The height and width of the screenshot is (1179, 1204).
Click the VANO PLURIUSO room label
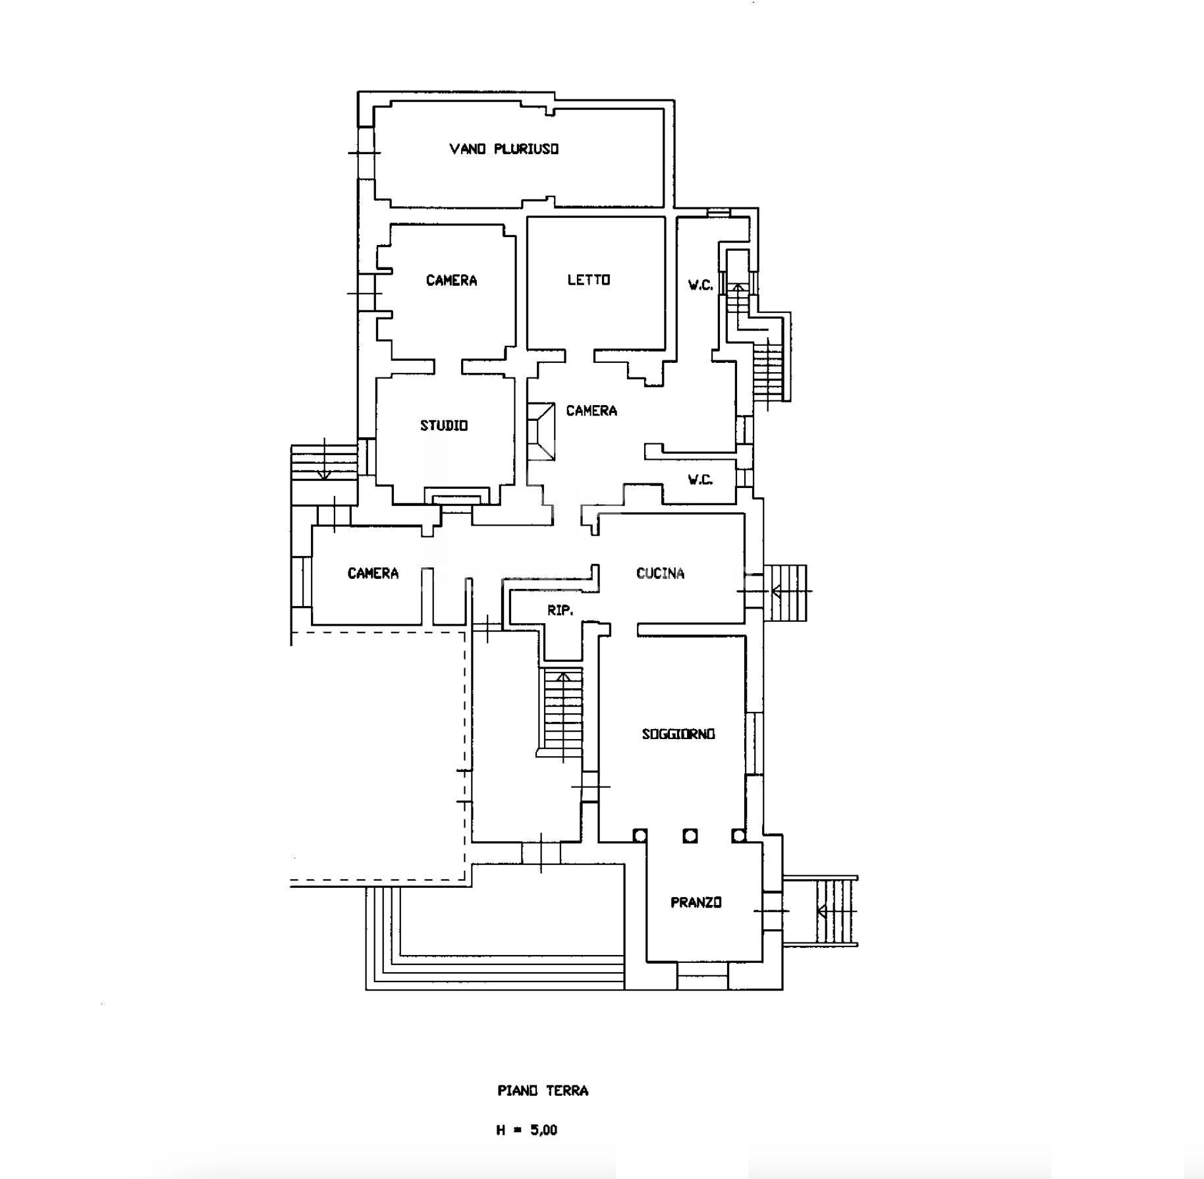coord(504,149)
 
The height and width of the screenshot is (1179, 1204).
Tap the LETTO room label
coord(589,280)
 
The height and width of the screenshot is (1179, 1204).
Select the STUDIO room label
coord(444,425)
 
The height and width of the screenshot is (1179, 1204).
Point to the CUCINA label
coord(660,573)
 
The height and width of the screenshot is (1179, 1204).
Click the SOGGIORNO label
coord(678,734)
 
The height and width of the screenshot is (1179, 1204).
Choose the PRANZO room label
coord(696,902)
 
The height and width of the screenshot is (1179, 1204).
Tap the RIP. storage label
coord(560,611)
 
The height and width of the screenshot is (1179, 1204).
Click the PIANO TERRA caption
coord(543,1091)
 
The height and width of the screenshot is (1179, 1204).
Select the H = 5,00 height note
coord(527,1130)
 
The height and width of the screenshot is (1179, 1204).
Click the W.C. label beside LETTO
coord(700,285)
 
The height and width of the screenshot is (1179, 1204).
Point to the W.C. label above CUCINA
coord(700,480)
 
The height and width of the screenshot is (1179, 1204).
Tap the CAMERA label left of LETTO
coord(451,281)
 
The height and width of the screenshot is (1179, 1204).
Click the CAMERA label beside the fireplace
coord(591,411)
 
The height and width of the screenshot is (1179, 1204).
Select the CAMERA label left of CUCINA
coord(373,573)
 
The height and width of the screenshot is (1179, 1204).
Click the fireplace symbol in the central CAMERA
coord(541,432)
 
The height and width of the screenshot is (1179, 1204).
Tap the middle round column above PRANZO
coord(690,836)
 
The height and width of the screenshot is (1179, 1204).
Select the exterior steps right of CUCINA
coord(785,592)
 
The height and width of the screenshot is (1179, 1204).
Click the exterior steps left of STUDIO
coord(324,461)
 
